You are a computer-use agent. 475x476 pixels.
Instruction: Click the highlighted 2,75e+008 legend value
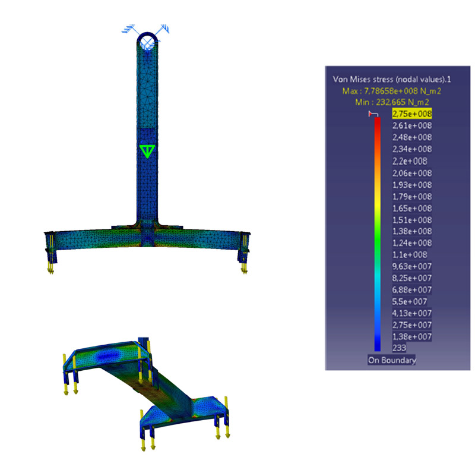click(411, 114)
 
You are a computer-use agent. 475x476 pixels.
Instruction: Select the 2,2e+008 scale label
click(410, 161)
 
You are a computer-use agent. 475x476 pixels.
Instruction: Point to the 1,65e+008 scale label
click(411, 208)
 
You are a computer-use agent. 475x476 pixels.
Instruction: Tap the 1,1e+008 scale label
click(410, 255)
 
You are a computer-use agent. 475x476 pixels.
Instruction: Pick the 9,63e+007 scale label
click(411, 266)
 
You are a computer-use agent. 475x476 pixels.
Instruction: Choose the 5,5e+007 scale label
click(410, 301)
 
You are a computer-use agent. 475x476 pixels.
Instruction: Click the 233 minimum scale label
click(399, 348)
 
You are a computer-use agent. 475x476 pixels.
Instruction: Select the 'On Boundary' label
click(392, 360)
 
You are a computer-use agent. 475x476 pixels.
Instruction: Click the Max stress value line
click(392, 91)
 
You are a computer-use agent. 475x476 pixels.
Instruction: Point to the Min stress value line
click(392, 102)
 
